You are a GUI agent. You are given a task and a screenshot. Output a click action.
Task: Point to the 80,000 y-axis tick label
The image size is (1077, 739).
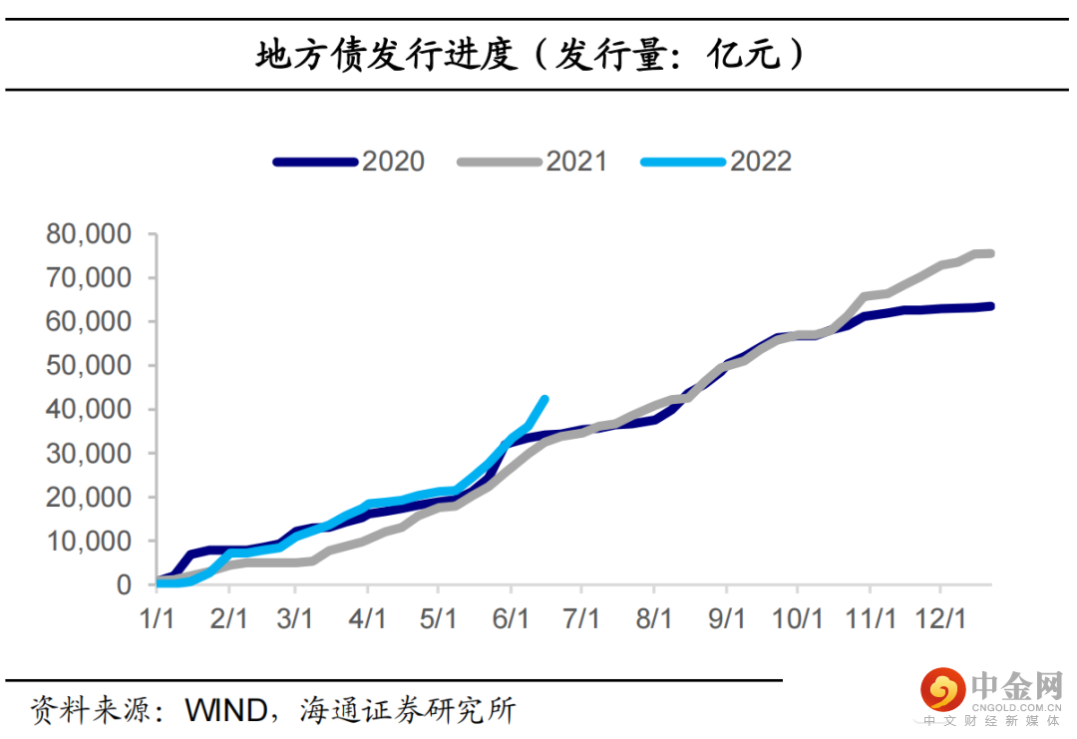coord(88,234)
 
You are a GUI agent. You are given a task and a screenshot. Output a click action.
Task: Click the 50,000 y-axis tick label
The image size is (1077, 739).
coord(88,366)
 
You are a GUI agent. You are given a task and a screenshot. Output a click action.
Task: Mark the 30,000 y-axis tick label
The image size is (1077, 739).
coord(88,454)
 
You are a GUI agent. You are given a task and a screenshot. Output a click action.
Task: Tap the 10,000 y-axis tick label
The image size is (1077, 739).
coord(88,542)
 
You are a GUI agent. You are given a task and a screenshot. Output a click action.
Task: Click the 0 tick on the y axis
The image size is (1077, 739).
coord(124,585)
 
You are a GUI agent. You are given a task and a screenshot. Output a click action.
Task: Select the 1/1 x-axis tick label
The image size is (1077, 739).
coord(157,617)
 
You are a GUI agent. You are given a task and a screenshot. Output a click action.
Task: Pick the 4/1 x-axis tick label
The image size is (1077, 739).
coord(368,617)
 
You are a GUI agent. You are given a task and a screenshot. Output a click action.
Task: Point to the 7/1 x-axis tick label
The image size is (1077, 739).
coord(582,617)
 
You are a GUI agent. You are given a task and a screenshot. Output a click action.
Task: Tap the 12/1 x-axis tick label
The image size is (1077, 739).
coord(941,617)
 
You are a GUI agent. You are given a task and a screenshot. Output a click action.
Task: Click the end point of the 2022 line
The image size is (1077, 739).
coord(544,400)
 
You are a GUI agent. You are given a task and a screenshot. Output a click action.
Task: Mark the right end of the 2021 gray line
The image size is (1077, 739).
coord(989,253)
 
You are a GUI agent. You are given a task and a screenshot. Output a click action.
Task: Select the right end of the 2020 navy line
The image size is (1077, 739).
coord(989,306)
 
